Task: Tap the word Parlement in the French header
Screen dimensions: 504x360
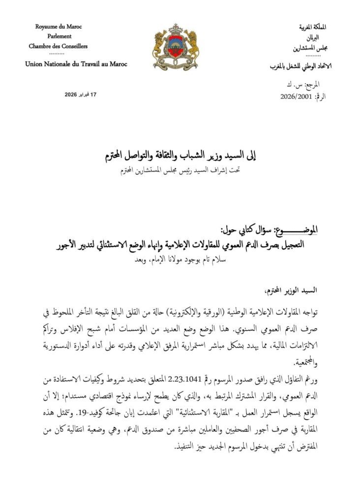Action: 60,36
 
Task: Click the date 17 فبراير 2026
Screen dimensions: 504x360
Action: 81,94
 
